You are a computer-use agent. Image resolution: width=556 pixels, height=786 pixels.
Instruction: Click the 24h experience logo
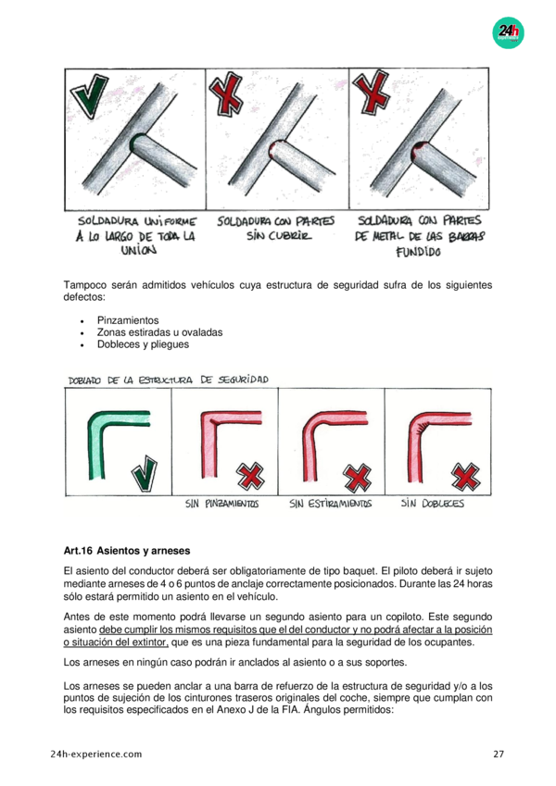508,33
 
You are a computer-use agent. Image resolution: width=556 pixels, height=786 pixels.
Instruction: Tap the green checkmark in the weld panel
90,95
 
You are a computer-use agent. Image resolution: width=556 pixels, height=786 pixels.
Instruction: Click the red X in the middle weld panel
225,94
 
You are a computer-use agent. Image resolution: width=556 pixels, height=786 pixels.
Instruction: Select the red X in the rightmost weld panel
371,90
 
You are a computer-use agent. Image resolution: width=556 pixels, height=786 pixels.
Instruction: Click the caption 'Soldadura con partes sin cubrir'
275,228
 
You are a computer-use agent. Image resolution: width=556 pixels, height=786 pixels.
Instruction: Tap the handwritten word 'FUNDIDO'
418,252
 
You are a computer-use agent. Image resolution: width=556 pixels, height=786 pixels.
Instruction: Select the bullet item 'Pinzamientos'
128,320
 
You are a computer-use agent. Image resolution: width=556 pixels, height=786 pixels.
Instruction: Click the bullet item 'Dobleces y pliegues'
143,344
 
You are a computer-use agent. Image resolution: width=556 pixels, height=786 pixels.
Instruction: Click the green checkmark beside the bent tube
145,473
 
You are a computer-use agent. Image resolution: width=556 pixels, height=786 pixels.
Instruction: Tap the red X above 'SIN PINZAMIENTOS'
250,476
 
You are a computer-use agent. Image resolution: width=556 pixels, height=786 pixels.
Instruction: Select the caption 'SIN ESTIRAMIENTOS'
330,504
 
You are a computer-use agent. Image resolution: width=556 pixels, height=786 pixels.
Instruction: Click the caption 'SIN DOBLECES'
432,503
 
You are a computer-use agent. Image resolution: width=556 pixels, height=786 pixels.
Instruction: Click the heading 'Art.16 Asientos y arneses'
127,551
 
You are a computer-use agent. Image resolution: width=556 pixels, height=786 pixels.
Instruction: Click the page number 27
499,754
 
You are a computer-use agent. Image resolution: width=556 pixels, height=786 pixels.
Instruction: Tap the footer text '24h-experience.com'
96,754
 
